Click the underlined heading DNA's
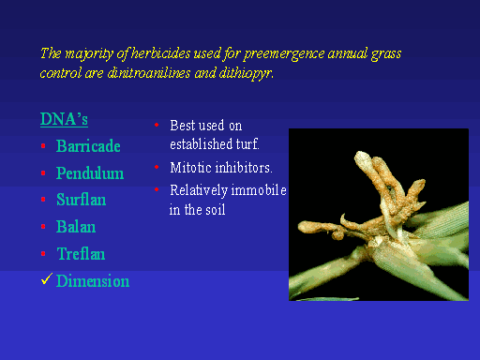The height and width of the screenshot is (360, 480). tap(64, 119)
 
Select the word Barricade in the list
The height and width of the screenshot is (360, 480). tap(88, 146)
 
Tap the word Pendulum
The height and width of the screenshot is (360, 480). tap(90, 172)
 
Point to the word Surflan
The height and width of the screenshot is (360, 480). tap(82, 200)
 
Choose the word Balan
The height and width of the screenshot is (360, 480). tap(76, 227)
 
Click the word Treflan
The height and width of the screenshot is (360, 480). tap(81, 253)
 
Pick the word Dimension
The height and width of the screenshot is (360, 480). tap(93, 280)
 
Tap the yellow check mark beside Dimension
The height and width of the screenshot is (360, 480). tap(46, 279)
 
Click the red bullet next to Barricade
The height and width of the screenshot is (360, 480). tap(43, 146)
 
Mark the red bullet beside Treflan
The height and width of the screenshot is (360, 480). tap(43, 253)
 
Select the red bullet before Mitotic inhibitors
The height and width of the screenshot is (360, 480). tap(157, 167)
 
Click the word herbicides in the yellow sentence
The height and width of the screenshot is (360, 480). tap(160, 53)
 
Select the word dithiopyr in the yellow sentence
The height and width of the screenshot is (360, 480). tap(247, 74)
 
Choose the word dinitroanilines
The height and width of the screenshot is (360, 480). tap(149, 73)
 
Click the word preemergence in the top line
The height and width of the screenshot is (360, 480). tap(284, 54)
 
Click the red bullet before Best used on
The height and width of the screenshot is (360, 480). tap(157, 125)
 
